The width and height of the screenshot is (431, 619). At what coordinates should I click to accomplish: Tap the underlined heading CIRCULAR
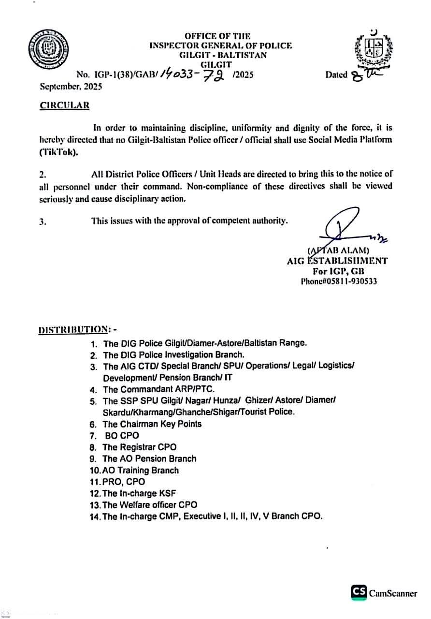click(64, 106)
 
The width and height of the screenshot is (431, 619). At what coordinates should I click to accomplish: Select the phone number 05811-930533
click(339, 281)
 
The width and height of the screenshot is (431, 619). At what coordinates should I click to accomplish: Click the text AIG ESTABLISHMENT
click(337, 261)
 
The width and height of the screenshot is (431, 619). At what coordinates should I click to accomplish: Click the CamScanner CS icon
click(359, 592)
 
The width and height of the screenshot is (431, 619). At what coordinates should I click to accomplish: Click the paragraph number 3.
click(43, 222)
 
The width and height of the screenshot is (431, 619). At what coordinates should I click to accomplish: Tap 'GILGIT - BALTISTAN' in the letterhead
click(223, 55)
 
